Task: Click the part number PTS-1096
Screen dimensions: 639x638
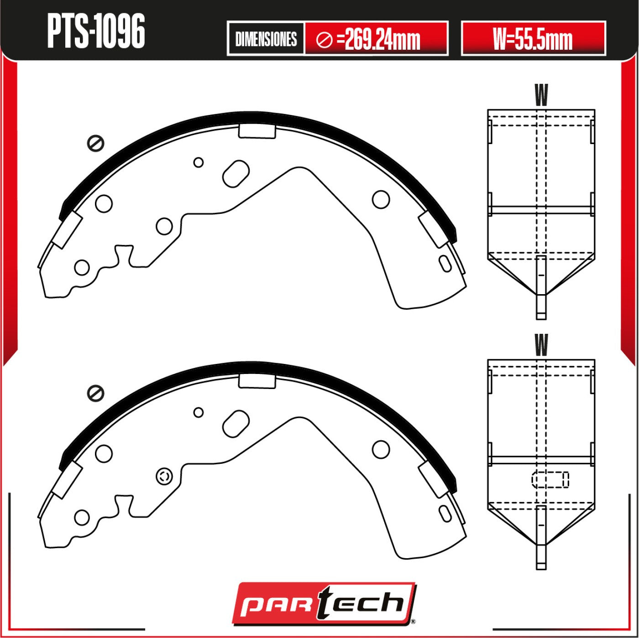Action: pyautogui.click(x=96, y=31)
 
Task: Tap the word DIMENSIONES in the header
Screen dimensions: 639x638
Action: pyautogui.click(x=266, y=39)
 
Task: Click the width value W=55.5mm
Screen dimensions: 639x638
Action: pyautogui.click(x=533, y=39)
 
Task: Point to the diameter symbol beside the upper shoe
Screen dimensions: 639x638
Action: pyautogui.click(x=95, y=144)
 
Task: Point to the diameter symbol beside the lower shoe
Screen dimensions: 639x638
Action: pyautogui.click(x=95, y=394)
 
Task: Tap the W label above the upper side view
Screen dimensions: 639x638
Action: pyautogui.click(x=541, y=95)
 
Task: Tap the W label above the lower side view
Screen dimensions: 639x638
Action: pyautogui.click(x=541, y=345)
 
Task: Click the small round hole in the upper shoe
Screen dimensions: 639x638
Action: pyautogui.click(x=198, y=162)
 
